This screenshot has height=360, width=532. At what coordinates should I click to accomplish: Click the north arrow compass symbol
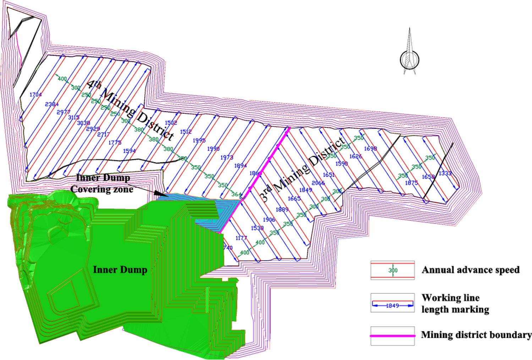410,57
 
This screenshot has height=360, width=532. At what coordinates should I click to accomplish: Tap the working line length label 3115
74,118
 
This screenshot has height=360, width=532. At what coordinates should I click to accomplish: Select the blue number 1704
35,94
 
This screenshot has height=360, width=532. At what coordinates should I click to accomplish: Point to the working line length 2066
318,183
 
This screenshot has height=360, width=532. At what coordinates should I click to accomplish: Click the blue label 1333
445,173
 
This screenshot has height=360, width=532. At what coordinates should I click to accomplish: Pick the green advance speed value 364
236,194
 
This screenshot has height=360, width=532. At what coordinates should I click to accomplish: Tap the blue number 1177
241,238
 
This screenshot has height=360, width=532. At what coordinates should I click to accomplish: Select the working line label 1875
411,183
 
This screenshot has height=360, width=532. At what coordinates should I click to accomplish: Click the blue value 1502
171,123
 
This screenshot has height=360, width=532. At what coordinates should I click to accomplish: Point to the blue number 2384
52,104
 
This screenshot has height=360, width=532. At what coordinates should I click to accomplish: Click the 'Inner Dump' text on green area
120,270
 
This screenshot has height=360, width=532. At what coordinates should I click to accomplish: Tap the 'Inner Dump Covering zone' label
102,184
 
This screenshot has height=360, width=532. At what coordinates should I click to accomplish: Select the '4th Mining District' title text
131,110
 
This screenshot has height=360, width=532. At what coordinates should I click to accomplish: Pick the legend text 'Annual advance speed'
470,270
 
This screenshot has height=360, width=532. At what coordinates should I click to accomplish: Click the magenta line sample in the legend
393,336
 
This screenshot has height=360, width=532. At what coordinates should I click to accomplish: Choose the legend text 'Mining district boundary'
476,335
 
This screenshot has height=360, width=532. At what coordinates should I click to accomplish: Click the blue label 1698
370,148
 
